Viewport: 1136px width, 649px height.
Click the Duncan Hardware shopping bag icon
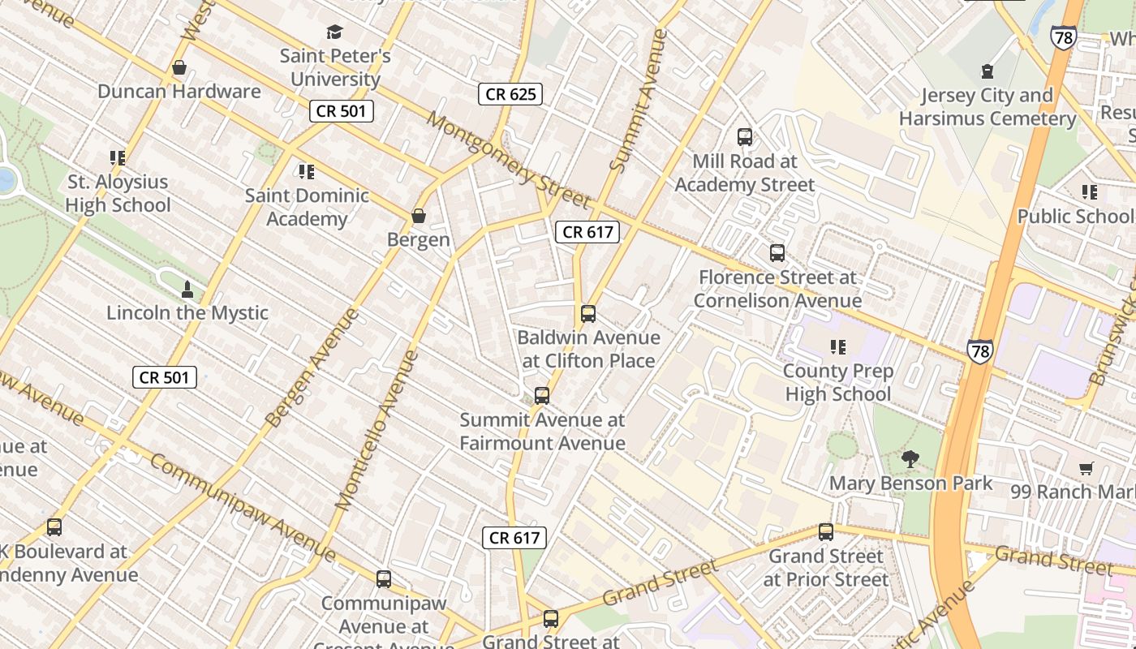coord(179,67)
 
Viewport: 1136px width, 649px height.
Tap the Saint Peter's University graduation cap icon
coord(334,32)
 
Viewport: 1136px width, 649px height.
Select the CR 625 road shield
coord(510,94)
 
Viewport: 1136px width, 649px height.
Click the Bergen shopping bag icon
coord(419,216)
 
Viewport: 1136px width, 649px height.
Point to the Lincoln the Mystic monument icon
coord(187,290)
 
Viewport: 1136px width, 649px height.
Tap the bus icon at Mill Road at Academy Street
coord(745,137)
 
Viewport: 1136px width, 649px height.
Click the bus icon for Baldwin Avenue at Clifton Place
coord(588,314)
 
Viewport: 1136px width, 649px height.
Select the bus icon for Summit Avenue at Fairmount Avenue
coord(542,397)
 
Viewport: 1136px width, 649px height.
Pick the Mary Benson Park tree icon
coord(910,460)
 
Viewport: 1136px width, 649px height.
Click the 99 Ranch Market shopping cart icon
coord(1087,468)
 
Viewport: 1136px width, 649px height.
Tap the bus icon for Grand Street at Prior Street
coord(826,533)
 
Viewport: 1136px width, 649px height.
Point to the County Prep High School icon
coord(838,348)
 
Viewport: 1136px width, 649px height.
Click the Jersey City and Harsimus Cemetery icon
coord(988,71)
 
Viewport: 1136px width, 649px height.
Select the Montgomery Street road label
coord(508,160)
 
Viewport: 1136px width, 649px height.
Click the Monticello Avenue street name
coord(377,430)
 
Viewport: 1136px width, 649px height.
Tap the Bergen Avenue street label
coord(312,367)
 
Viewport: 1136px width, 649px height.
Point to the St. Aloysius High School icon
coord(118,158)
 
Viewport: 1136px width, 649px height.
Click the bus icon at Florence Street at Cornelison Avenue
coord(777,254)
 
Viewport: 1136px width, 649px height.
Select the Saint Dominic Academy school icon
coord(307,172)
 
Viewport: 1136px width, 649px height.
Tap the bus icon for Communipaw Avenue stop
coord(384,580)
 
